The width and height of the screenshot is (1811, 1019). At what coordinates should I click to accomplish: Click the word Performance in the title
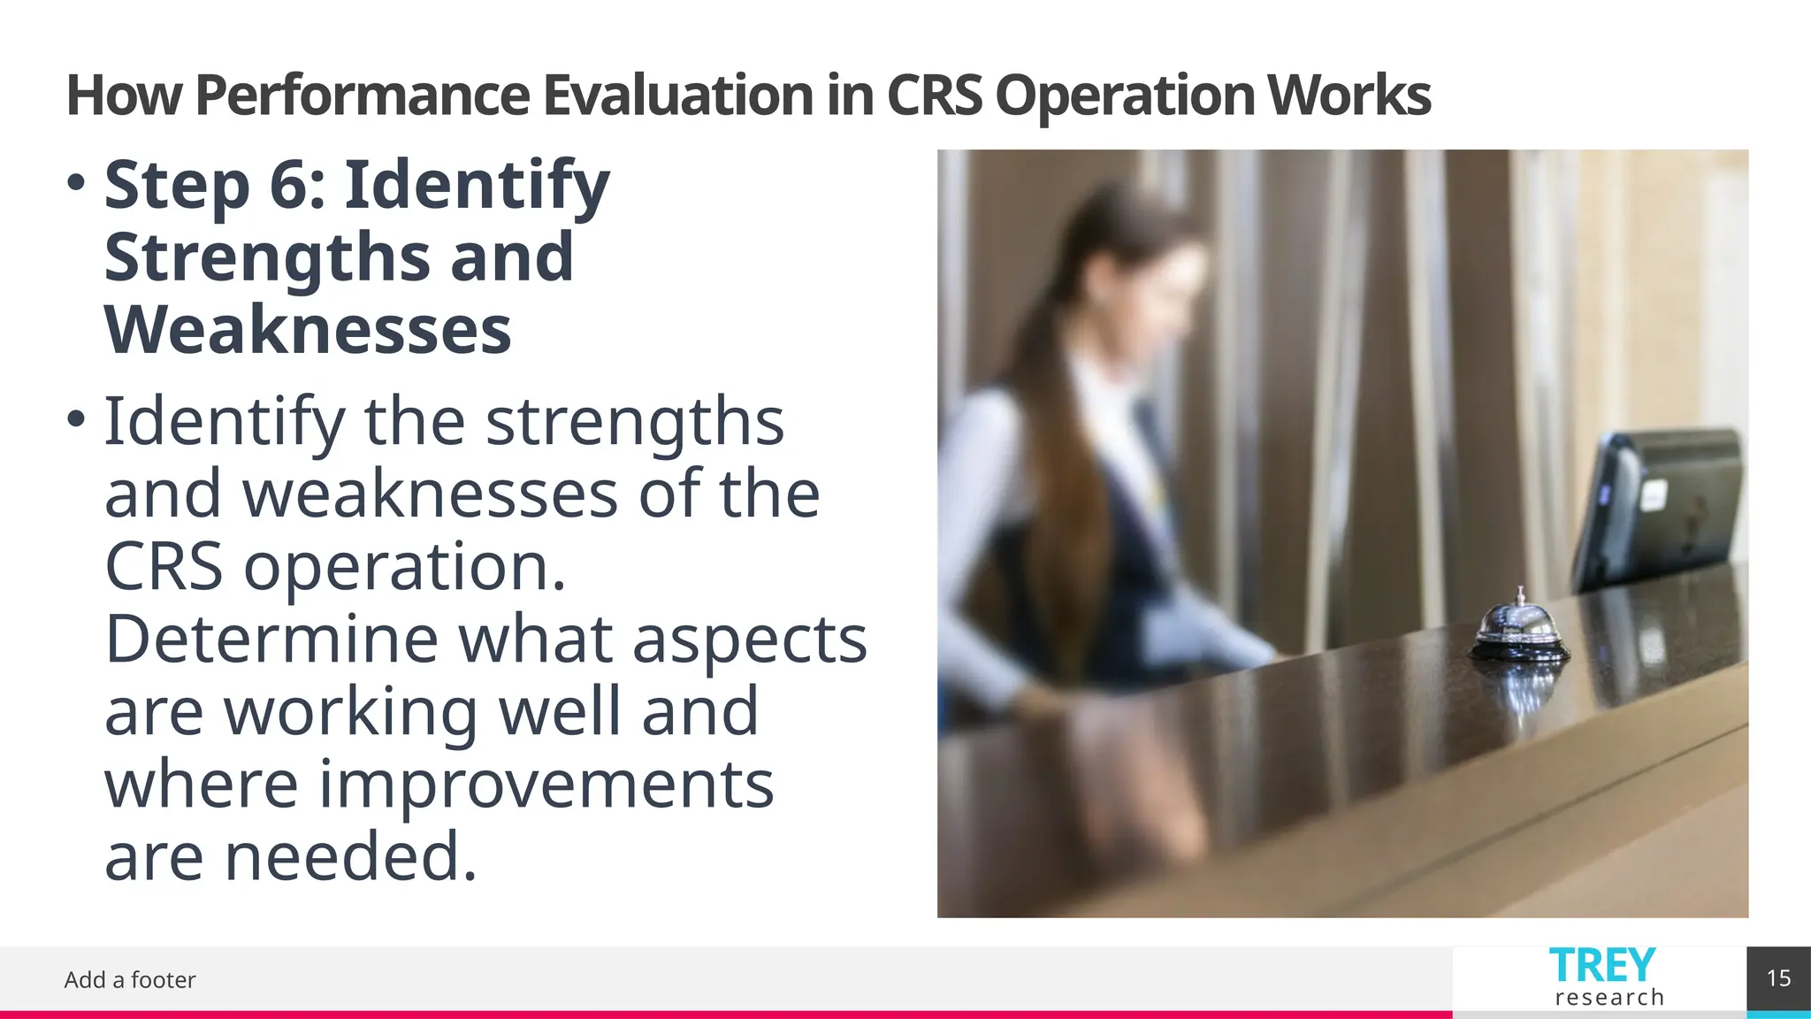click(362, 96)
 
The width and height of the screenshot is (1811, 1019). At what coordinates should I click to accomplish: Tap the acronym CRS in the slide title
click(934, 96)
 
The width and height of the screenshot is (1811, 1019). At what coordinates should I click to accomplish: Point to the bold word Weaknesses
click(308, 330)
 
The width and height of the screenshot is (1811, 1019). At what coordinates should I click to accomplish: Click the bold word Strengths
click(266, 257)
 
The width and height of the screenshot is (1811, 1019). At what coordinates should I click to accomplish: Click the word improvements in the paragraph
click(546, 784)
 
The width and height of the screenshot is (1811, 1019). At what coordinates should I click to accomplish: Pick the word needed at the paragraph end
click(350, 856)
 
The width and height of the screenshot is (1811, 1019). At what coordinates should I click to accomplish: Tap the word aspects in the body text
click(750, 639)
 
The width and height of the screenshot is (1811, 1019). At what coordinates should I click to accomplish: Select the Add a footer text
click(130, 980)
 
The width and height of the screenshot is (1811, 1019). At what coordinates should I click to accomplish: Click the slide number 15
click(1778, 978)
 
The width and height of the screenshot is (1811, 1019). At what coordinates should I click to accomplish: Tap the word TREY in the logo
click(1601, 965)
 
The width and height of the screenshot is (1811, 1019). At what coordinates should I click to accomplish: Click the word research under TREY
click(1609, 998)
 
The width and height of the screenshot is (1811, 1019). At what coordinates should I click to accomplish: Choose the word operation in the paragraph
click(404, 566)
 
